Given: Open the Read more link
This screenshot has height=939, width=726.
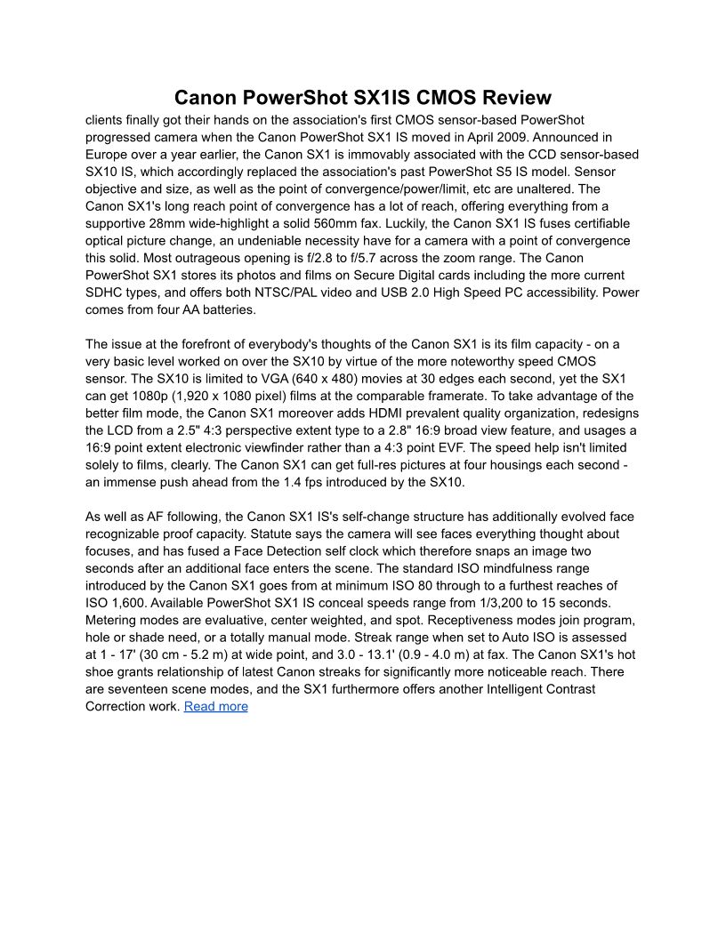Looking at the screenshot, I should point(215,706).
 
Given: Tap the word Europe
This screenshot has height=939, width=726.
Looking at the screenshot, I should point(108,154).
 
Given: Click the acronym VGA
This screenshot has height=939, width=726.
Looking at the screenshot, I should point(291,379).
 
